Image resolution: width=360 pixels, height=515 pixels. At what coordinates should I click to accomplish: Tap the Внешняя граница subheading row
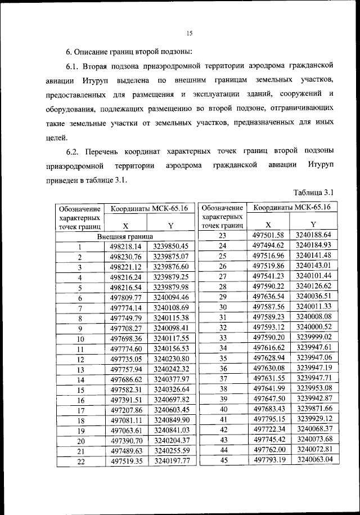pyautogui.click(x=124, y=236)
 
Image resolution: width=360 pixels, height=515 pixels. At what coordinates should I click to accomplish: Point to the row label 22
pyautogui.click(x=80, y=462)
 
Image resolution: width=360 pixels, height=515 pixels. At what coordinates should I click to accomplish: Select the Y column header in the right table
pyautogui.click(x=313, y=225)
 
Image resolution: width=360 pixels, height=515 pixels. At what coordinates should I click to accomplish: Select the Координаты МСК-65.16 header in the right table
pyautogui.click(x=291, y=208)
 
